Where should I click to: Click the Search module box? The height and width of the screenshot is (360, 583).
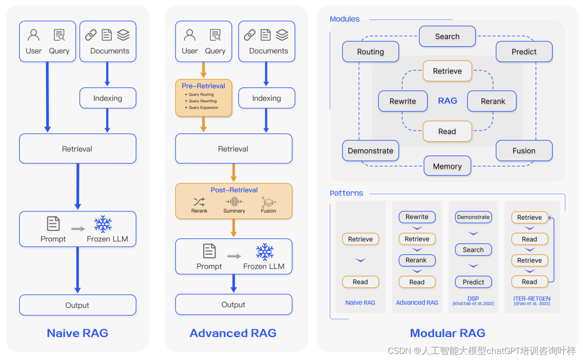[x=447, y=36]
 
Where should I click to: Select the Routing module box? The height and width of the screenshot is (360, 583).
[x=370, y=52]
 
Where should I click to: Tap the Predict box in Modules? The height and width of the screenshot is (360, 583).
[x=524, y=52]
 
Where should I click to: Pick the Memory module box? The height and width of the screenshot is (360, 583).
[x=447, y=166]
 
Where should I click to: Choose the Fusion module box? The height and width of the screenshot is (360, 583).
[x=524, y=151]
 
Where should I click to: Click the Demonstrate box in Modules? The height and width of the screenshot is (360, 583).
[x=370, y=151]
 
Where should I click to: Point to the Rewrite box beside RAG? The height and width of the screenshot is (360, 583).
[x=403, y=101]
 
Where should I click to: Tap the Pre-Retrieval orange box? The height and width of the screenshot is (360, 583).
[x=204, y=97]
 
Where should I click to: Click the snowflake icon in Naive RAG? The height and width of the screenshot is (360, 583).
[x=103, y=224]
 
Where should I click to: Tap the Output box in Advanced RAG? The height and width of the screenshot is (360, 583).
[x=233, y=305]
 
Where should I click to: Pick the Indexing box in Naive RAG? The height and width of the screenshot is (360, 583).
[x=108, y=98]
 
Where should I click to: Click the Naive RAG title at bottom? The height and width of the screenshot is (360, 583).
[x=77, y=333]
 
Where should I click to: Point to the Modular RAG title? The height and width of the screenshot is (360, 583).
[x=447, y=333]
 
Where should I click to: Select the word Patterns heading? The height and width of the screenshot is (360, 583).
[x=346, y=193]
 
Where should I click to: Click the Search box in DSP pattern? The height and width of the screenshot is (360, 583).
[x=473, y=250]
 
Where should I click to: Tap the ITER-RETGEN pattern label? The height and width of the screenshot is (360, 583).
[x=532, y=298]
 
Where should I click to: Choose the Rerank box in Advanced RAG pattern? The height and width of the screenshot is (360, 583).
[x=417, y=260]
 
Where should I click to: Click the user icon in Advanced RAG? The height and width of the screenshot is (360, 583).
[x=190, y=35]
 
